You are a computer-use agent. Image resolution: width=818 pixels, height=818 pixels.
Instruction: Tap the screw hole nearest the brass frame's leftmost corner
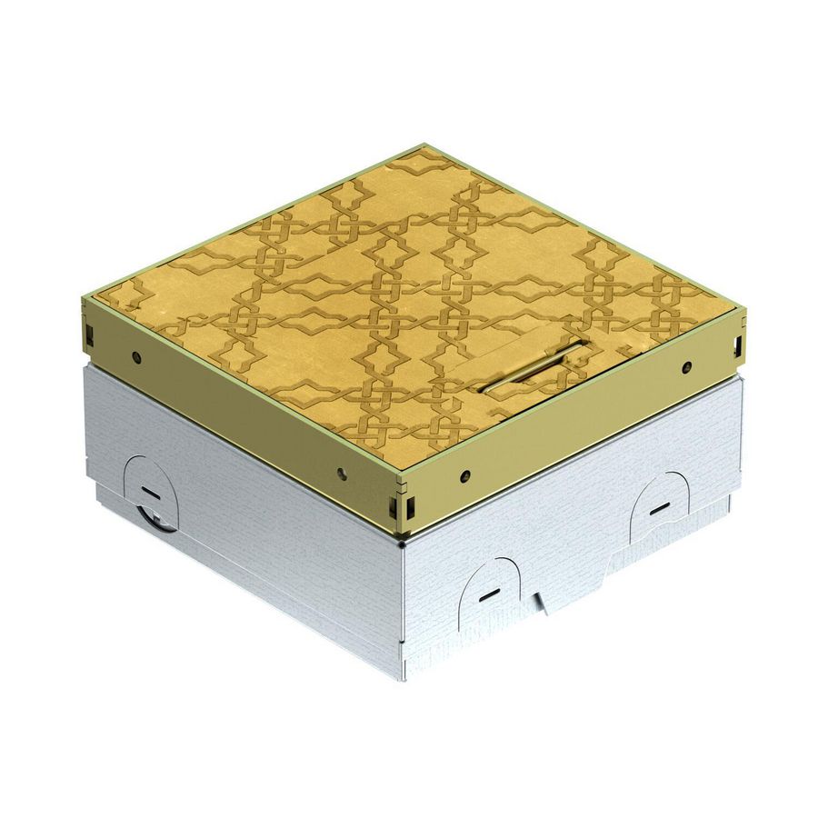coord(135,357)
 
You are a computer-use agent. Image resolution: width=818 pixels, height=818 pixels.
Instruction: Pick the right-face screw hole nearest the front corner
coord(464,474)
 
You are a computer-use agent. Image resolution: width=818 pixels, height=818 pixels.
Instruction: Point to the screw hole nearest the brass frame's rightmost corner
coord(687,367)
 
